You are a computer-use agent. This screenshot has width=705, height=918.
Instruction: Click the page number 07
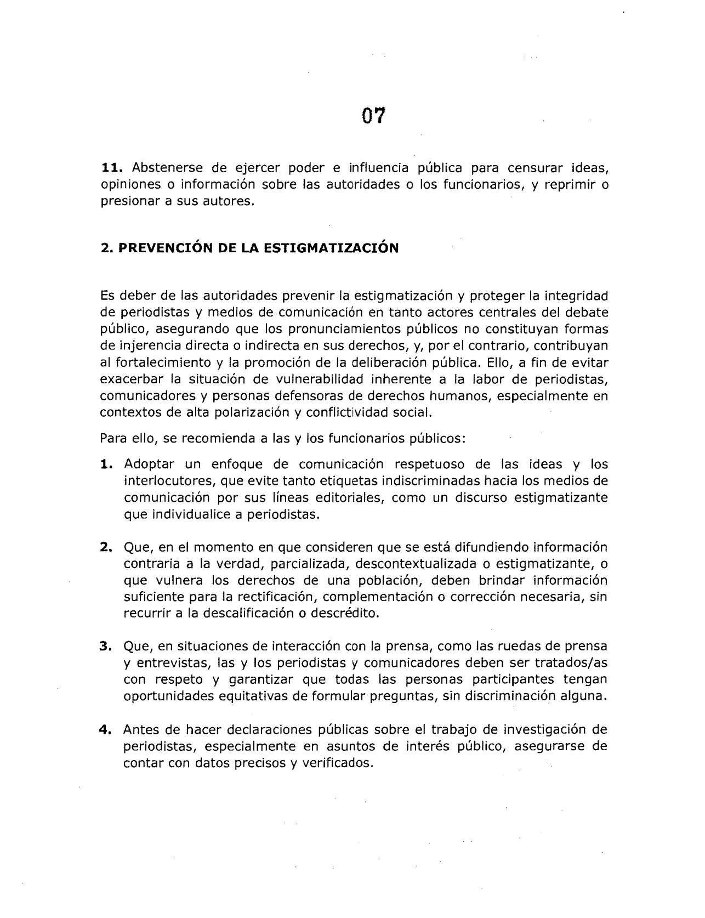(x=374, y=116)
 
